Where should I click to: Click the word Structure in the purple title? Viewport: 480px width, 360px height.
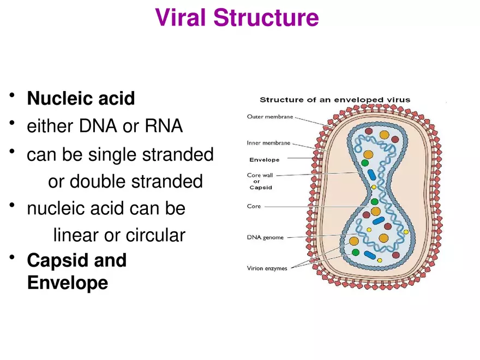pos(266,17)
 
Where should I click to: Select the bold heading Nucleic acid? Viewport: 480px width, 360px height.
pos(81,99)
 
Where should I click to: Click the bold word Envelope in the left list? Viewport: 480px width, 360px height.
pos(67,283)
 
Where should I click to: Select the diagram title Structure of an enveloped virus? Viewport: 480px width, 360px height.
pos(334,100)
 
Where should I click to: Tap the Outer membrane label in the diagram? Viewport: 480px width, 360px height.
pos(269,116)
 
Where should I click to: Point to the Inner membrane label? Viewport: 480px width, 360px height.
pos(268,143)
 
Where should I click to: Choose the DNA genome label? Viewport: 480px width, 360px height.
pos(265,237)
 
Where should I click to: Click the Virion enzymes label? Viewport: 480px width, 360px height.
pos(267,268)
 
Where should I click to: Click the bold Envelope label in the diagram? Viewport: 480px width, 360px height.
pos(264,160)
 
